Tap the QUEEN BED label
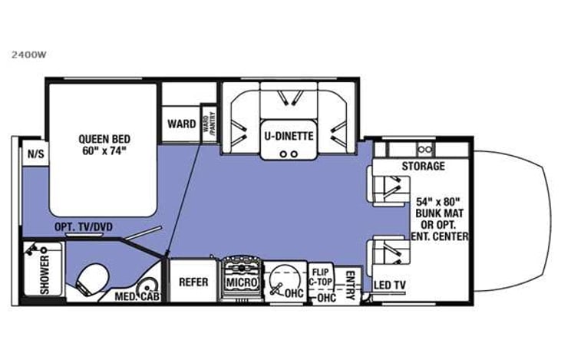[104, 139]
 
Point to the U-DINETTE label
[289, 136]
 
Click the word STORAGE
[422, 167]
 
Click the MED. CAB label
[137, 296]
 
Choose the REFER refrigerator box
[193, 282]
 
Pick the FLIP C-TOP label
[322, 276]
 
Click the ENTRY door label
[350, 282]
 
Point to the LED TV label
[389, 286]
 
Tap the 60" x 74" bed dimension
[104, 151]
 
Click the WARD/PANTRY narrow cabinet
[206, 122]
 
